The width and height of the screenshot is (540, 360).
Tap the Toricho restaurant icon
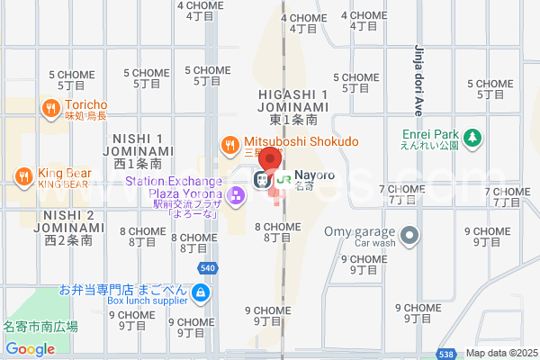[50, 109]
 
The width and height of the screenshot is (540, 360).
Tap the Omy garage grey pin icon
[410, 236]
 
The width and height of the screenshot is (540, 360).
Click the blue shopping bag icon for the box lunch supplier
[200, 292]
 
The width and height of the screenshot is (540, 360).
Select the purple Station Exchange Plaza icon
[236, 194]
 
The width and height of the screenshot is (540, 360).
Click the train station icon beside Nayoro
[261, 179]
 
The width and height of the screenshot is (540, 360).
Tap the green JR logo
[283, 179]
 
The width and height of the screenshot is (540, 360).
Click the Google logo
[30, 349]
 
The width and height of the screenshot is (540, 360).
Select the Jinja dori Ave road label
[418, 81]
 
